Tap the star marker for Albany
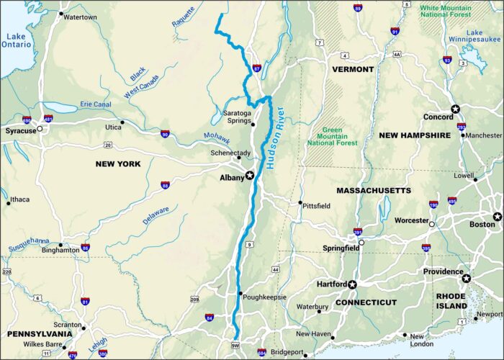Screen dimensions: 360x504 click(250, 175)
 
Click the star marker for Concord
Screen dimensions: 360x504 click(455, 109)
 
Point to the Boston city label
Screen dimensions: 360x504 click(482, 225)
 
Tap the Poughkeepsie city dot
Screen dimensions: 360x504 click(240, 293)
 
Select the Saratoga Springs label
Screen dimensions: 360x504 click(238, 118)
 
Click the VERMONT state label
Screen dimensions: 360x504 click(353, 69)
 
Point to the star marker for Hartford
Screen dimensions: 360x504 click(352, 284)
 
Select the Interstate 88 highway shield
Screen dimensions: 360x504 click(165, 185)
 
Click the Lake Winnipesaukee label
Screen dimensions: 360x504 click(484, 37)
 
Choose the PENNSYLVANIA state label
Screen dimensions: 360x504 click(39, 334)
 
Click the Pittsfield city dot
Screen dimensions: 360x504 click(301, 202)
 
